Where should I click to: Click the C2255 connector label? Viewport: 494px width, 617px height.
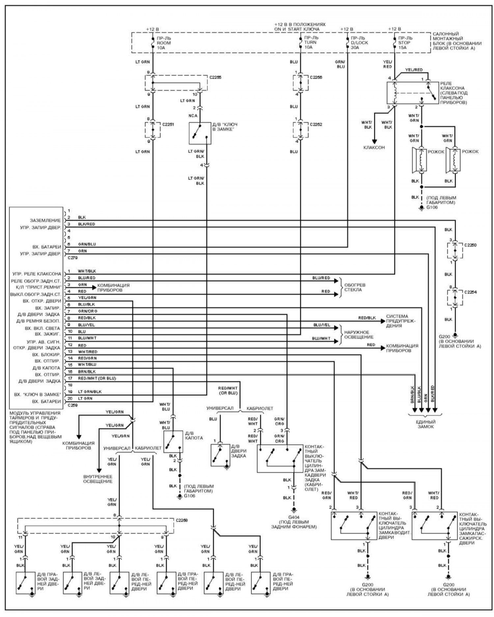coord(215,78)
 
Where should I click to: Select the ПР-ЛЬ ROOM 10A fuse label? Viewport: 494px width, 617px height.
coord(164,43)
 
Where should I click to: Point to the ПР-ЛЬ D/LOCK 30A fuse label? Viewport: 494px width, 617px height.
coord(359,43)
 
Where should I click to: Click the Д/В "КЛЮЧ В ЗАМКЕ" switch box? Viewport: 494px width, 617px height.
coord(200,133)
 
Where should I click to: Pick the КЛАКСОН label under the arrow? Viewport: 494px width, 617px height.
coord(374,148)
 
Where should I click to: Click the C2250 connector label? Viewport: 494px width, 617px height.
coord(470,245)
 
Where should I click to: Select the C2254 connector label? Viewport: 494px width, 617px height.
coord(470,292)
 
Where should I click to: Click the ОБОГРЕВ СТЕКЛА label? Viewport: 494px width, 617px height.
coord(355,287)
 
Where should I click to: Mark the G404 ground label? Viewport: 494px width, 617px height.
coord(294,517)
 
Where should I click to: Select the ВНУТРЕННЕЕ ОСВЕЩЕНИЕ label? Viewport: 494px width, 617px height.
coord(98,479)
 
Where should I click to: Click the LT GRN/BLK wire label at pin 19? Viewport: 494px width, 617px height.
coord(90,392)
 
